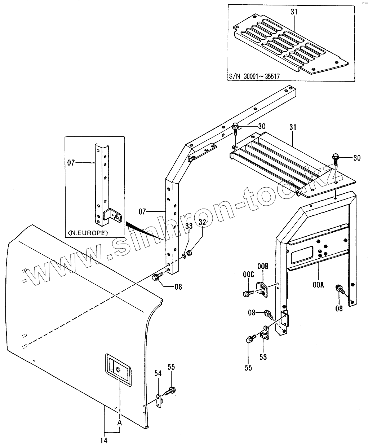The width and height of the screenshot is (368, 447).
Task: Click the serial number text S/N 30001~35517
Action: point(254,77)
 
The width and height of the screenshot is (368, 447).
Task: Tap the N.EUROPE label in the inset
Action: point(88,233)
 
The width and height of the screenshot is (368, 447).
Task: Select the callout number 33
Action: point(189,226)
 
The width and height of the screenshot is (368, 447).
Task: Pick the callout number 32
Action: point(202,223)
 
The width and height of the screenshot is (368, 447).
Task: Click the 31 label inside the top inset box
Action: point(294,12)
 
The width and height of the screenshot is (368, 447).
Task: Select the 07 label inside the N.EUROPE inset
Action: point(71,163)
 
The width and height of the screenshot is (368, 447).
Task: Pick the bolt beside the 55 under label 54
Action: point(170,390)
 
